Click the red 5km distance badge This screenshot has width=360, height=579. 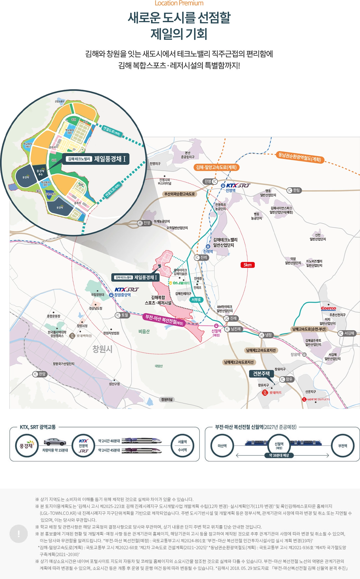[x=247, y=265]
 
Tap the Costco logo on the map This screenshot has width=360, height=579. [x=328, y=309]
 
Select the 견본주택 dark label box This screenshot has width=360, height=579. [x=261, y=374]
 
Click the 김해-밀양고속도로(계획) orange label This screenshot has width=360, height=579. [x=216, y=167]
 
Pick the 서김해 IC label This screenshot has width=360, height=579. [x=346, y=333]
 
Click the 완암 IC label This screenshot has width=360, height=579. [x=39, y=374]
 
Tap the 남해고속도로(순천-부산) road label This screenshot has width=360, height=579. [x=309, y=329]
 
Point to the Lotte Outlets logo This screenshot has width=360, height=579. [x=316, y=399]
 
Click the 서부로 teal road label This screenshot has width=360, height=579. [x=196, y=299]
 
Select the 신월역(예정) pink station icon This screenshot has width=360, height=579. [x=216, y=326]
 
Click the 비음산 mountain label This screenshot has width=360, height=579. [x=144, y=331]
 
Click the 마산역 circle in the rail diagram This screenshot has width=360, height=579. [x=222, y=446]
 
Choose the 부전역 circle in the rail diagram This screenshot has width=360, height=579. [x=343, y=446]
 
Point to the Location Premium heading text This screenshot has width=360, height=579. [x=179, y=3]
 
